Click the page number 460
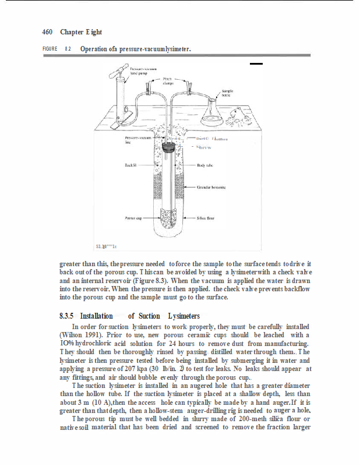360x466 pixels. tap(48, 31)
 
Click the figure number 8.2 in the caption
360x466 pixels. tap(68, 49)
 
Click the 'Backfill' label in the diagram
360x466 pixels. tap(130, 165)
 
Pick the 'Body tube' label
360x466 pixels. tap(204, 165)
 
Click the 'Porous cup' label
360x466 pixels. tap(134, 218)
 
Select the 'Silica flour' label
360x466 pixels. tap(206, 218)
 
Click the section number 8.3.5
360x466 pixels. tap(66, 316)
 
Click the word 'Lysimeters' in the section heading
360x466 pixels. tap(183, 316)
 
